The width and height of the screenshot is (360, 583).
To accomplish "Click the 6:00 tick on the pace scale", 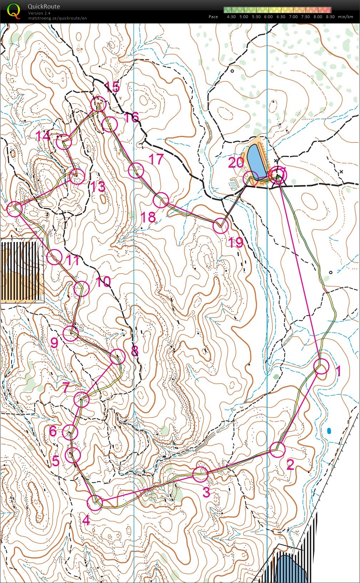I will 268,17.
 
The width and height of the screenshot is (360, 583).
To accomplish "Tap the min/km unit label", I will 345,17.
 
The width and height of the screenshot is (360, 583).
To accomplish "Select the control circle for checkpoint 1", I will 321,367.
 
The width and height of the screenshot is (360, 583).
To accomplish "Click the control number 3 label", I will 206,493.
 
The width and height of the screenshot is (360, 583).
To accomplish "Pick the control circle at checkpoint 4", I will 95,503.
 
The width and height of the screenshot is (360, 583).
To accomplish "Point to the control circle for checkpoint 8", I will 118,357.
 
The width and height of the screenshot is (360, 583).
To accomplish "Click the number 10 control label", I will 103,282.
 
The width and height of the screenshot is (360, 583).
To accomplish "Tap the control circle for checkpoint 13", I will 77,176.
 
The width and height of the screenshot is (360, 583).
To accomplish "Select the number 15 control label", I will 112,87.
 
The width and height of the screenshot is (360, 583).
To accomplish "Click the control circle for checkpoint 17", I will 136,170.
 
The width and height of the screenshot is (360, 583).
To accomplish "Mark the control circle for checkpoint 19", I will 221,226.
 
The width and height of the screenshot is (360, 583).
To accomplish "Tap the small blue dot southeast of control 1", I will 329,431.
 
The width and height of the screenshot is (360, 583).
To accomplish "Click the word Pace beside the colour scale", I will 213,17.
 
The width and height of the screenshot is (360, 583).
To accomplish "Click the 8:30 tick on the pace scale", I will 330,17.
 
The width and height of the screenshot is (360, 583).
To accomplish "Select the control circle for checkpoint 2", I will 277,450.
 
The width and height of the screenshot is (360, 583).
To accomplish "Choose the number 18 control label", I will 148,217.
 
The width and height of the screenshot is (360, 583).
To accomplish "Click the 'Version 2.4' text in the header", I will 39,13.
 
